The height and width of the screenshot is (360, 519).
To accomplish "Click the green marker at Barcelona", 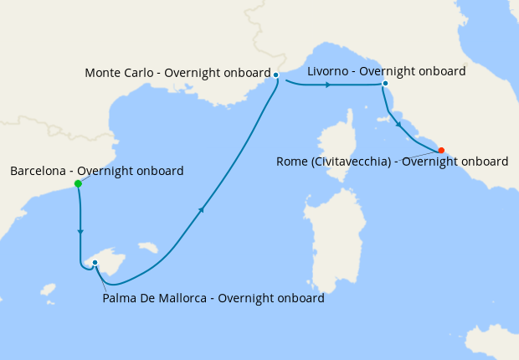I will tap(78, 183).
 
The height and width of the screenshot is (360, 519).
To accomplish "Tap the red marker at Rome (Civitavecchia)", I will tap(441, 151).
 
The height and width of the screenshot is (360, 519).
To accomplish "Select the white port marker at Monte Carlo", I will tap(275, 75).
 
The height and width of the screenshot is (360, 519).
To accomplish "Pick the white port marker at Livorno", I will tap(385, 84).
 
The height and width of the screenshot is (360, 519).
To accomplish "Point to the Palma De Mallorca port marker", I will tap(95, 263).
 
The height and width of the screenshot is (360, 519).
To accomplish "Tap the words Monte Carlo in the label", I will tap(121, 73).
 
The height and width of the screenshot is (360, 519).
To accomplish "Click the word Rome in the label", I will tap(292, 162).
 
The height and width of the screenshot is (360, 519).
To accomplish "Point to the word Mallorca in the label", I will tap(184, 298).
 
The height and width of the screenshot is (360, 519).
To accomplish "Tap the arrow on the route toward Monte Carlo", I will tap(201, 211).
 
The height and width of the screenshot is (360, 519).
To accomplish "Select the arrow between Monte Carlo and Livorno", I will tap(327, 85).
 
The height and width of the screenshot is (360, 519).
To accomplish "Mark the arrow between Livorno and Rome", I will tap(399, 125).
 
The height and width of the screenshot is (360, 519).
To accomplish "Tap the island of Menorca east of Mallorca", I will tap(148, 248).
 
